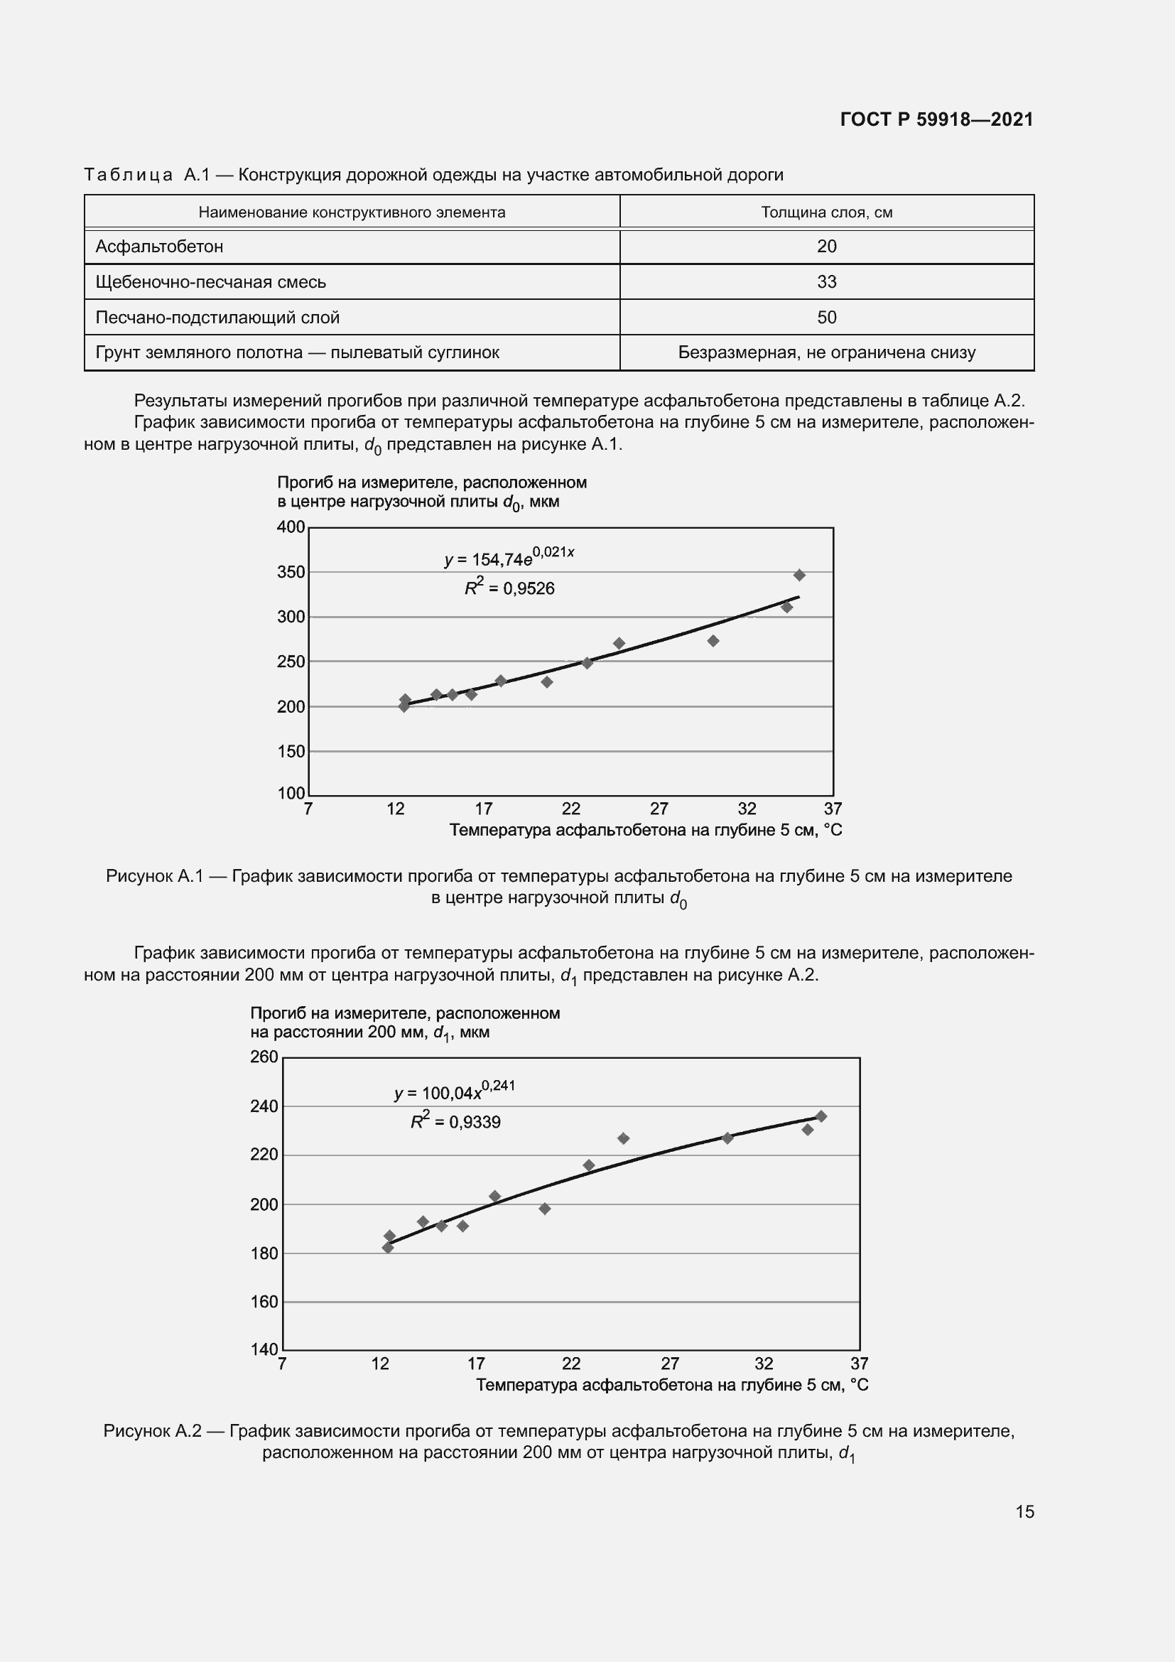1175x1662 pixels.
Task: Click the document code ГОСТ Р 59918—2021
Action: pos(936,119)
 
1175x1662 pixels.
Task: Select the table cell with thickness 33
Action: pos(826,281)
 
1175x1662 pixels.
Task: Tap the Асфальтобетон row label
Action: pos(159,247)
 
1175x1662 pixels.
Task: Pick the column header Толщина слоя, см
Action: pos(826,212)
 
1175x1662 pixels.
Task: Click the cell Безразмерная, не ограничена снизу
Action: pos(826,352)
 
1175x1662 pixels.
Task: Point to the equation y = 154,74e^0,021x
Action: pos(509,557)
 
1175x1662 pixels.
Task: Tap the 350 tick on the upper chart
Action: pos(291,573)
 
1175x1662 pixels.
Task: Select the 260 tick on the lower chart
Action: pos(264,1057)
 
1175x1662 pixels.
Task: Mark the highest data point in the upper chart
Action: pos(799,576)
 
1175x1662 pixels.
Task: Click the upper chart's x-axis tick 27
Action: pos(659,809)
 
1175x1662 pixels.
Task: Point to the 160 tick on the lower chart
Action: pos(264,1302)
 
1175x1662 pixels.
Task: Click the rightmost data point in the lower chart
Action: pos(821,1116)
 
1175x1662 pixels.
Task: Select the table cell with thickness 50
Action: pos(826,317)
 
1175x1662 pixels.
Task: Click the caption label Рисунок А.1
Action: pos(155,877)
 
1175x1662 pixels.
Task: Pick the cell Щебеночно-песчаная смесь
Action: pos(210,282)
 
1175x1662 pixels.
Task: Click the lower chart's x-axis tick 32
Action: pos(764,1364)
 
